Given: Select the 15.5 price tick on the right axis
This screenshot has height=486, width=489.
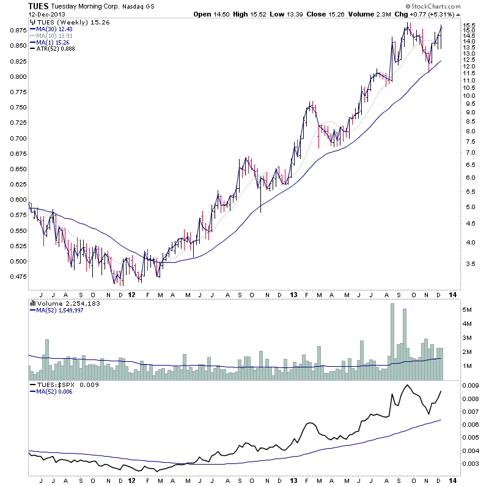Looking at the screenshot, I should [x=469, y=26].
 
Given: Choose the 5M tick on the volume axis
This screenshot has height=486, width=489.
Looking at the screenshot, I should [x=466, y=310].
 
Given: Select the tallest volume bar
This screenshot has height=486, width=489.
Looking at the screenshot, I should [x=391, y=336].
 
